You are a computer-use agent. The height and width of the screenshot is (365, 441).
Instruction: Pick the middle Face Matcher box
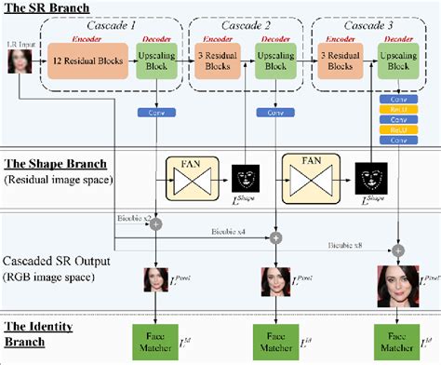click(x=275, y=339)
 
